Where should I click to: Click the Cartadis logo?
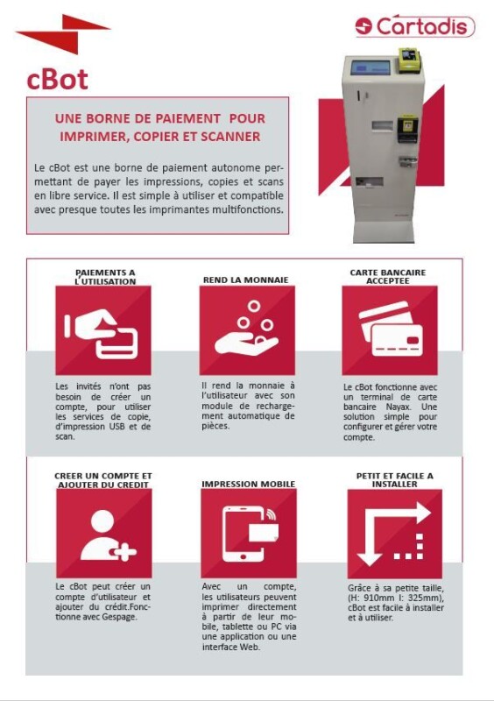click(414, 26)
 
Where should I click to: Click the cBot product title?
click(57, 79)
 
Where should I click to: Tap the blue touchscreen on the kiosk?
click(370, 68)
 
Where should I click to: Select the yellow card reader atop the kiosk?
click(409, 60)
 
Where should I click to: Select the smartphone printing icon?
click(249, 533)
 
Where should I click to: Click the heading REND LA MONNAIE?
click(245, 280)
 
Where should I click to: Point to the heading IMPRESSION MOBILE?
click(248, 484)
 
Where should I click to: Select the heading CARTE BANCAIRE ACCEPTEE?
click(388, 276)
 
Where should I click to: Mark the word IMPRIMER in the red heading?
click(93, 137)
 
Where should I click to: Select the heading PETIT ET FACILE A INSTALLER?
click(394, 479)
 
